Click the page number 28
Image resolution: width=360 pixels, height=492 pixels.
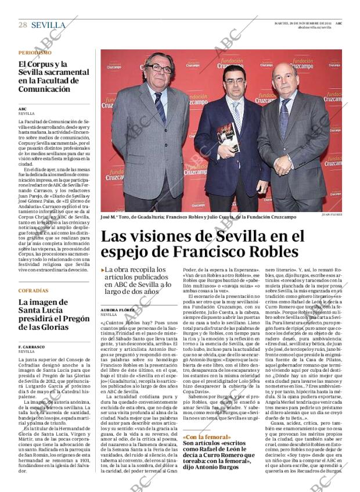pos(23,24)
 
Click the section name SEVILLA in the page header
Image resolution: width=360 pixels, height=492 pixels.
pos(48,25)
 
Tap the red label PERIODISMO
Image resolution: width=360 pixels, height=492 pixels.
pos(34,53)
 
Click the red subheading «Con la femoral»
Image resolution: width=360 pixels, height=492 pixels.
pos(206,437)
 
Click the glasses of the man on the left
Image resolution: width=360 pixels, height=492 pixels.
pos(158,68)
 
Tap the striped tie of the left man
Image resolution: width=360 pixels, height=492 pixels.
pos(160,107)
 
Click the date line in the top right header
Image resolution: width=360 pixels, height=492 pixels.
pos(303,23)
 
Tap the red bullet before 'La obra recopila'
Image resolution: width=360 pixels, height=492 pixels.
pos(103,270)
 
